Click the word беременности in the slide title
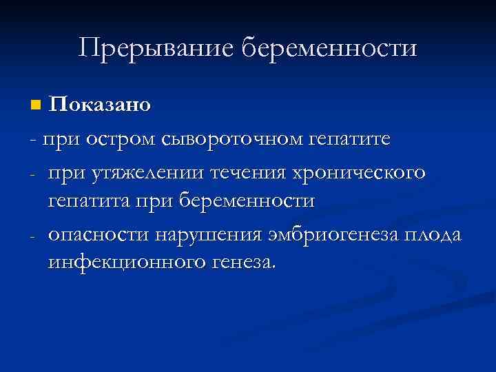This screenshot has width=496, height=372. click(x=330, y=49)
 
